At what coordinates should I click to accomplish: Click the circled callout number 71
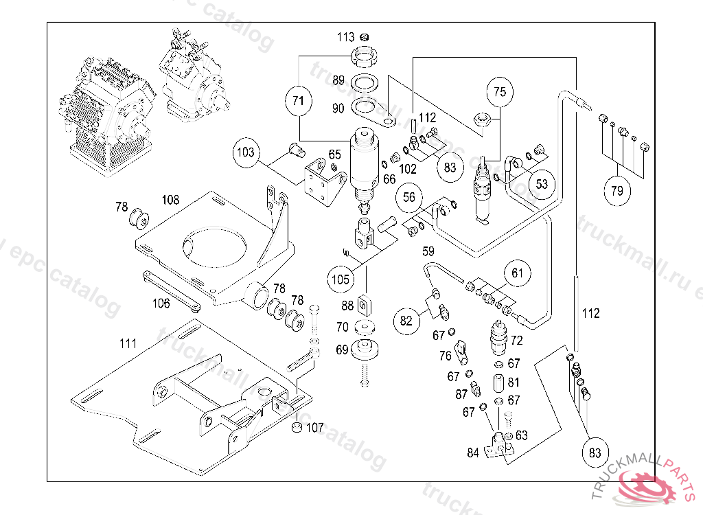click(x=297, y=100)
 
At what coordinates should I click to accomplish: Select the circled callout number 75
click(x=500, y=91)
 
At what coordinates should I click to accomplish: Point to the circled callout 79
click(x=616, y=190)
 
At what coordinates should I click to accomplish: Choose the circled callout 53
click(x=542, y=184)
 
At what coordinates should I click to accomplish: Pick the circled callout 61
click(x=518, y=274)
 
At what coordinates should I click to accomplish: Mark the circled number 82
click(x=406, y=320)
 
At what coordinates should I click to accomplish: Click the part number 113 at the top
click(x=345, y=37)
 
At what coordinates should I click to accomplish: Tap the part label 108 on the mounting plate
click(x=170, y=200)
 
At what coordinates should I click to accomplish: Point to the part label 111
click(x=128, y=343)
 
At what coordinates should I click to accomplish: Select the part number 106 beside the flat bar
click(x=161, y=302)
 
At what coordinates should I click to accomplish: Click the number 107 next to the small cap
click(x=315, y=428)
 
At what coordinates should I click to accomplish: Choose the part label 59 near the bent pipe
click(x=428, y=251)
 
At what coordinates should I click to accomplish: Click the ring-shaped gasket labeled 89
click(x=365, y=84)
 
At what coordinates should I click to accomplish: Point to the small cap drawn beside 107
click(x=296, y=428)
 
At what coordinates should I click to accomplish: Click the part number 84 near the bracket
click(x=473, y=452)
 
